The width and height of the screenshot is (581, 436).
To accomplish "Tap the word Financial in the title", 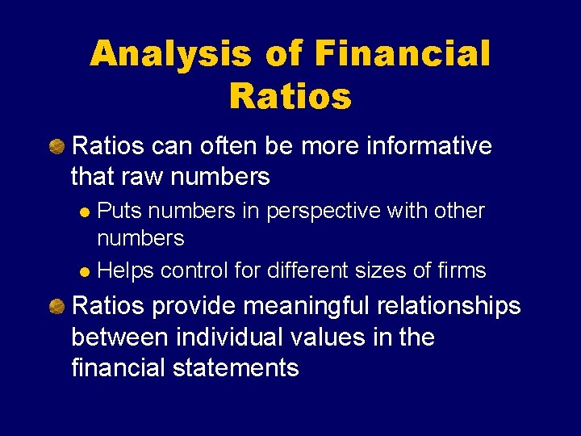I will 402,54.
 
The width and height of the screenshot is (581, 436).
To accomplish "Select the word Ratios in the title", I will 290,97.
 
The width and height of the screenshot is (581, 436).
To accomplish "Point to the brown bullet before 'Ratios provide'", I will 57,306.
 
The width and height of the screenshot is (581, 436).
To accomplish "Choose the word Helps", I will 125,270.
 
